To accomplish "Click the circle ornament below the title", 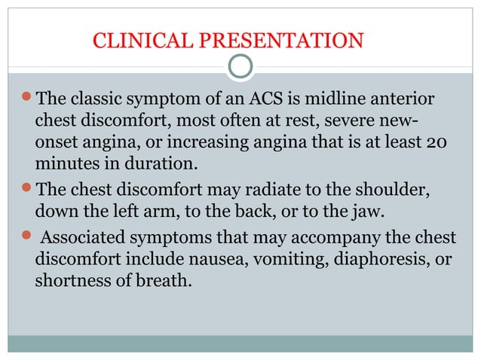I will coord(240,67).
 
